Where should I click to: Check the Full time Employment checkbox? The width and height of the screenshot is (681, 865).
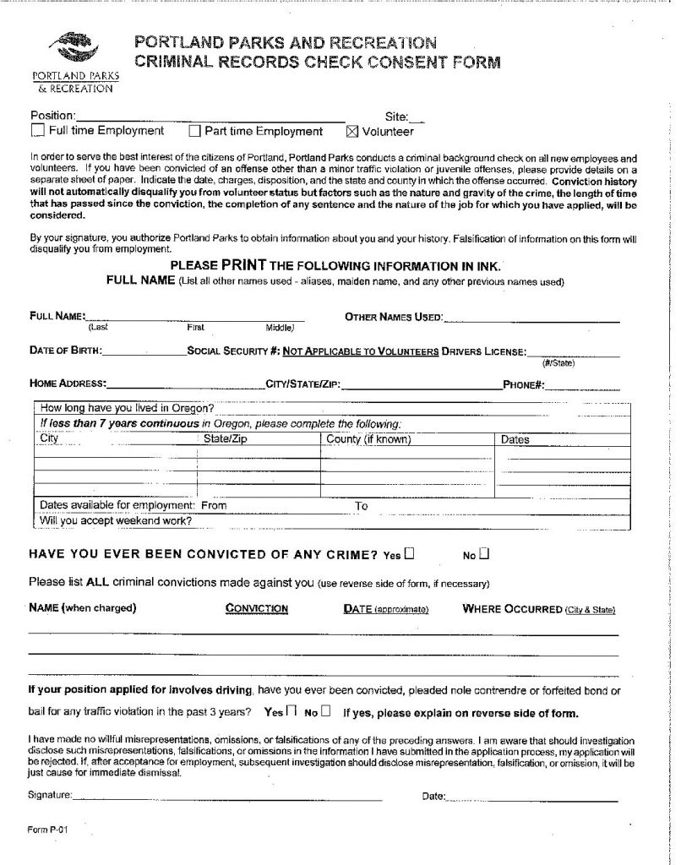37,131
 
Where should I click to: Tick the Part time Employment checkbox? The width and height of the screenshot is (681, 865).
194,131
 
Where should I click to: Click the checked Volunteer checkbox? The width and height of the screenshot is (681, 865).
352,131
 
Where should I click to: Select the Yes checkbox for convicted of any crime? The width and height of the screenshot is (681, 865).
410,555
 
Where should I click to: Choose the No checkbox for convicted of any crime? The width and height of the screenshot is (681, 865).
484,555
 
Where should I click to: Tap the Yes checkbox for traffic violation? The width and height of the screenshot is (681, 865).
291,711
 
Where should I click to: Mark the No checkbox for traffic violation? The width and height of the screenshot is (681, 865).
325,711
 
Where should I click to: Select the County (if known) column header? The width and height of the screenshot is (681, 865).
369,439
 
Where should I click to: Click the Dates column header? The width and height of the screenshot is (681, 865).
515,439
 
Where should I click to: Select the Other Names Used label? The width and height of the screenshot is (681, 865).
394,317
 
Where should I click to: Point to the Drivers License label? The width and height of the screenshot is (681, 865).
484,351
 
